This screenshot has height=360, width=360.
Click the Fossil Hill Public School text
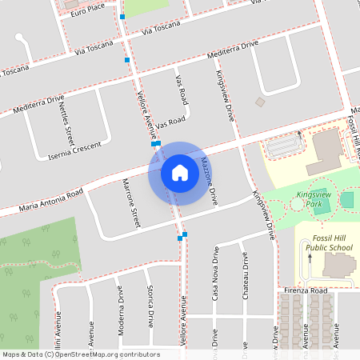click(329, 243)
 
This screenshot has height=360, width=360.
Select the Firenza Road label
click(305, 291)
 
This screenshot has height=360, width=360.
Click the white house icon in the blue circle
click(180, 173)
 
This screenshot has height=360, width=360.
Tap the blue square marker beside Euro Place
click(122, 16)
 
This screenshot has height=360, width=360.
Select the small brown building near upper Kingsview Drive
click(259, 102)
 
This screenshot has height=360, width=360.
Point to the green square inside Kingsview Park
click(346, 198)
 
